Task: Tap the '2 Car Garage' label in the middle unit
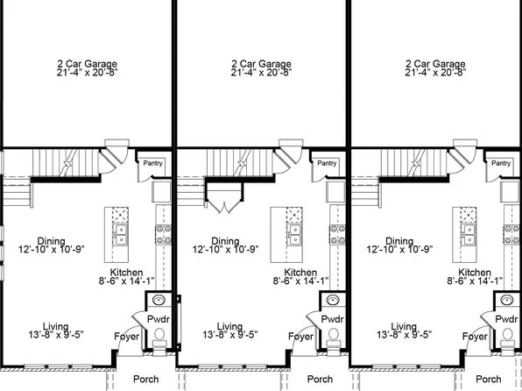click(x=260, y=64)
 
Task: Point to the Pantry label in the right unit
click(x=501, y=163)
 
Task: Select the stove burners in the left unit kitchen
click(x=161, y=231)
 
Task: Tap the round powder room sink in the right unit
click(x=507, y=302)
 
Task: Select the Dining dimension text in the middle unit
click(x=225, y=250)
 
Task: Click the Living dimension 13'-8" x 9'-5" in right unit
click(x=405, y=334)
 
